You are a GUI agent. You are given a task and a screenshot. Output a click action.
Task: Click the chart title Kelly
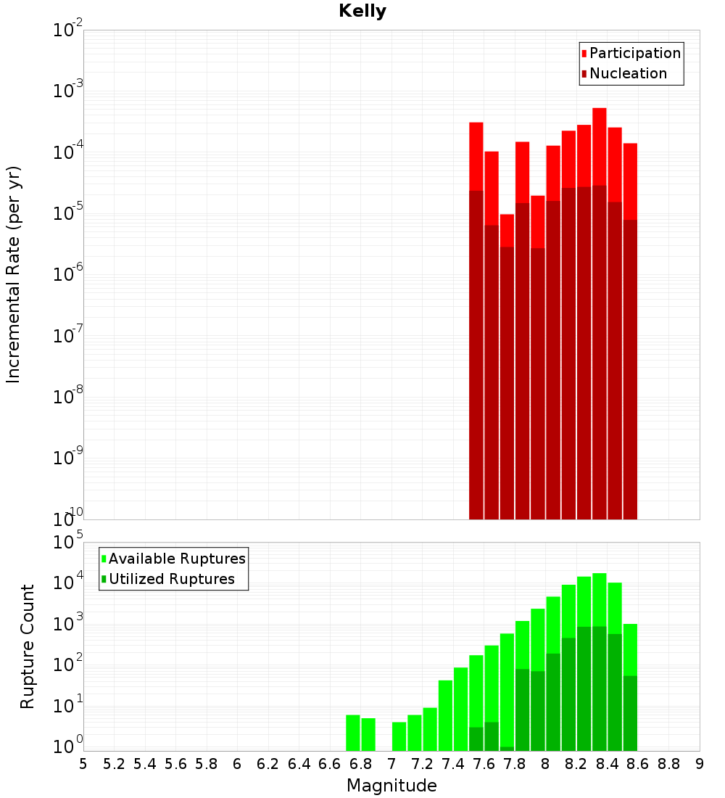pyautogui.click(x=362, y=12)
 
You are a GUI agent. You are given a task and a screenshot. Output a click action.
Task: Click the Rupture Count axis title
pyautogui.click(x=28, y=646)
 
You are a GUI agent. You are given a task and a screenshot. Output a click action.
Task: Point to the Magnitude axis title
pyautogui.click(x=391, y=785)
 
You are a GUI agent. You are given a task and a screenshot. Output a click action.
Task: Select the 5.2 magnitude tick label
pyautogui.click(x=115, y=764)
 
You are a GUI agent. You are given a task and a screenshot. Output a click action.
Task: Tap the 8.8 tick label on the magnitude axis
pyautogui.click(x=668, y=764)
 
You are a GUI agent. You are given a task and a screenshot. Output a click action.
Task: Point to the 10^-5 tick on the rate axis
pyautogui.click(x=68, y=213)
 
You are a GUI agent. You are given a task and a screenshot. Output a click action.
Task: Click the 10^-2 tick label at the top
pyautogui.click(x=68, y=30)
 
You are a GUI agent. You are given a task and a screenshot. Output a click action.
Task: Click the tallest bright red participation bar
pyautogui.click(x=600, y=145)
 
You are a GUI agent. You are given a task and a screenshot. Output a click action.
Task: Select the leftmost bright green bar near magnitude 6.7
pyautogui.click(x=353, y=733)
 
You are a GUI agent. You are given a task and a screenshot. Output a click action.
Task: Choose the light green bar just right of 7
pyautogui.click(x=399, y=736)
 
